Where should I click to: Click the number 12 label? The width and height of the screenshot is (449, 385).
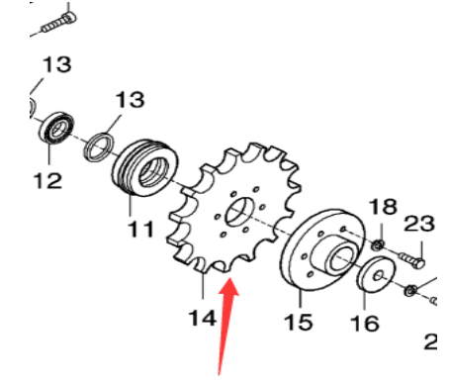tap(45, 181)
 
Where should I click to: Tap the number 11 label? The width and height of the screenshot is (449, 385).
tap(139, 231)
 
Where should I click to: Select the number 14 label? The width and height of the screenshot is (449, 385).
tap(202, 319)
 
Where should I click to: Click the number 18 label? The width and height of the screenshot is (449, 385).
tap(383, 207)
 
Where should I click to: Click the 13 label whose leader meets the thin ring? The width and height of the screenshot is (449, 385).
tap(130, 100)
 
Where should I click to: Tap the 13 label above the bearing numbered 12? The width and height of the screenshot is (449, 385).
tap(56, 65)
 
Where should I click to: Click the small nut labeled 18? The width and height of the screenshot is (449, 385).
tap(378, 243)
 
